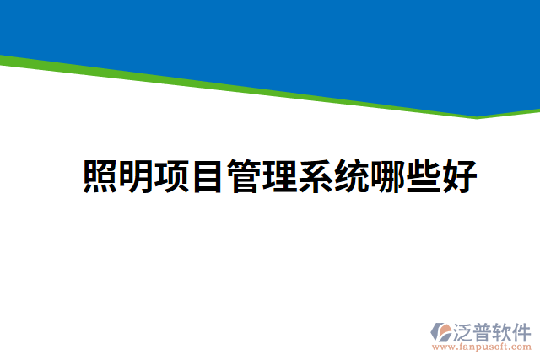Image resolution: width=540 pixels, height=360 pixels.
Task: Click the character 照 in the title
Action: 100,176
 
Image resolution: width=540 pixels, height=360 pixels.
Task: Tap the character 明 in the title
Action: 137,176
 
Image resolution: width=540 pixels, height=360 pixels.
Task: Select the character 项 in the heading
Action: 173,176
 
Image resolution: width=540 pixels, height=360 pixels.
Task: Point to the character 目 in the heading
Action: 208,176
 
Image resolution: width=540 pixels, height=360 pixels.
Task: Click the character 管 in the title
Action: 245,176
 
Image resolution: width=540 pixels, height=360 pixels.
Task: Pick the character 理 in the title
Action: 281,176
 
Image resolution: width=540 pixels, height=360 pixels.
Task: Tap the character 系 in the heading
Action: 316,176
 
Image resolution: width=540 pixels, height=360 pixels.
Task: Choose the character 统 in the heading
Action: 353,176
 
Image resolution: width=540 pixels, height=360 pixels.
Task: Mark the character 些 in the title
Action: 424,176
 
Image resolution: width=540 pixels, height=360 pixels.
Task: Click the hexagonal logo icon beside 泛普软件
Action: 440,331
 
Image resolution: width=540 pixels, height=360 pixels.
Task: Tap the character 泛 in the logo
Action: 465,330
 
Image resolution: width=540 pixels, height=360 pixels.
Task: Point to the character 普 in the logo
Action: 486,330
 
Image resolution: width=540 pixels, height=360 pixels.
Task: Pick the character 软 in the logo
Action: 506,330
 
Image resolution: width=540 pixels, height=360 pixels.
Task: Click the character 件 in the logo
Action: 525,330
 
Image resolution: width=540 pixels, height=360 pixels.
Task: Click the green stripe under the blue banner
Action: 253,88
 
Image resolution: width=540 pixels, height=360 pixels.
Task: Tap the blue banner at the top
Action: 270,34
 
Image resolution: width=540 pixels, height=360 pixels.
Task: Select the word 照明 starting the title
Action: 118,176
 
